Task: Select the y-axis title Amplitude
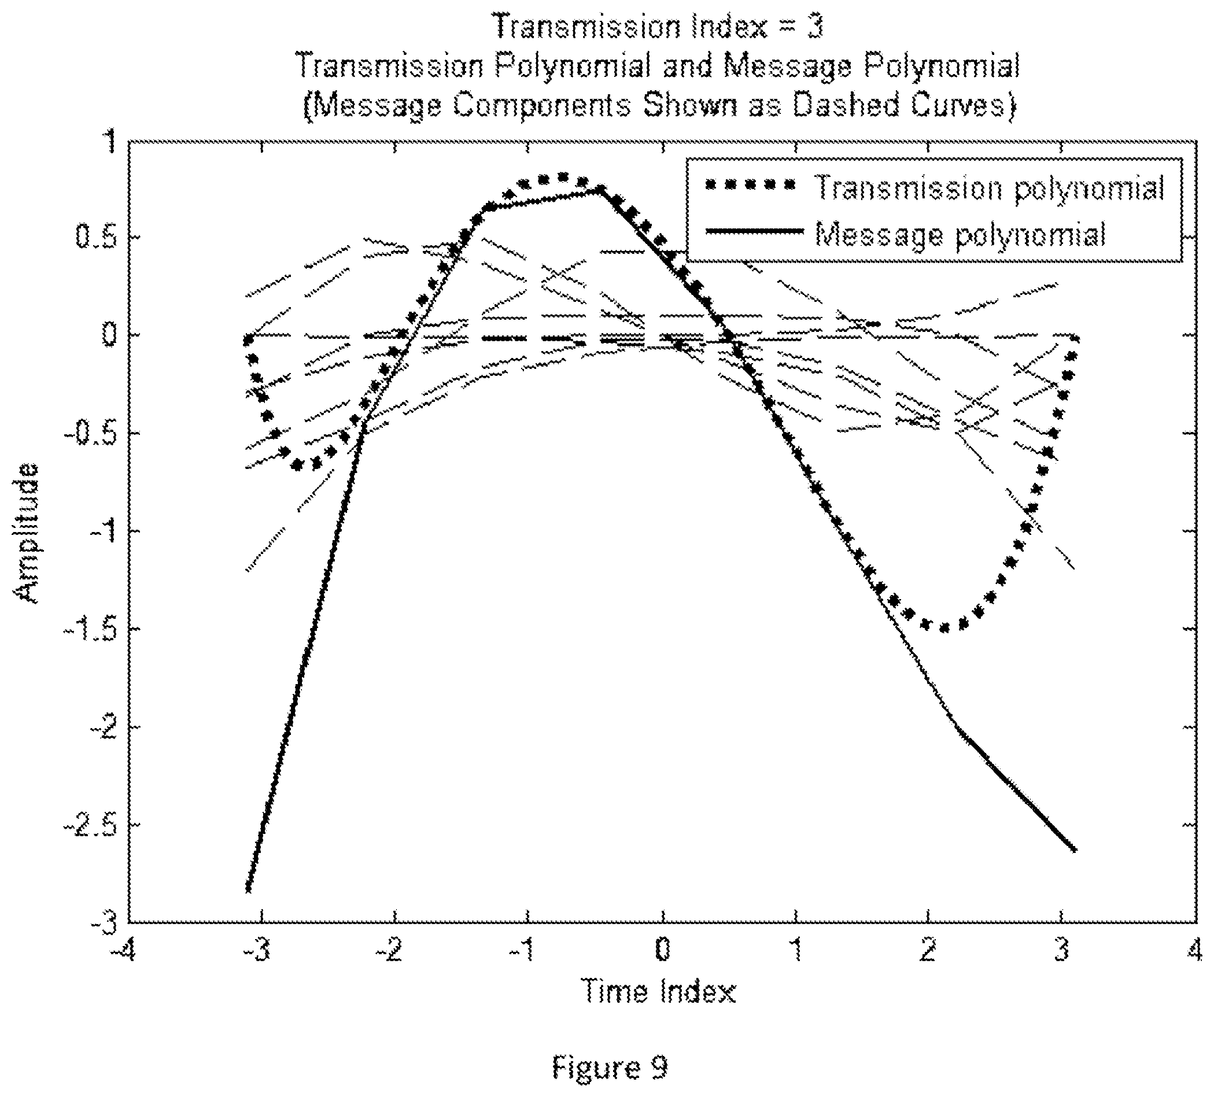pyautogui.click(x=28, y=532)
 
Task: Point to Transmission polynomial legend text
pyautogui.click(x=989, y=189)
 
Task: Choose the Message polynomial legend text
pyautogui.click(x=961, y=234)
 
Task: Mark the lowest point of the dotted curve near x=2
pyautogui.click(x=944, y=629)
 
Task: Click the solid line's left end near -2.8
pyautogui.click(x=248, y=889)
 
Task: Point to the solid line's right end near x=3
pyautogui.click(x=1075, y=850)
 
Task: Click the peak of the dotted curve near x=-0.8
pyautogui.click(x=563, y=177)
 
